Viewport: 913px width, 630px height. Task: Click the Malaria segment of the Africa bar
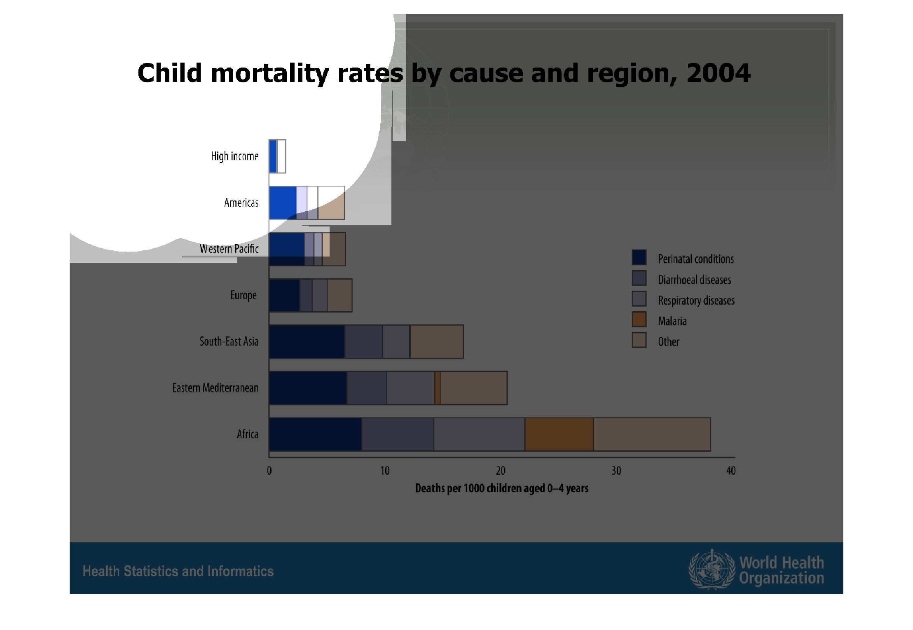pos(559,434)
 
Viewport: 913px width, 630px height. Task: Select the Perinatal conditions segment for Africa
pos(315,434)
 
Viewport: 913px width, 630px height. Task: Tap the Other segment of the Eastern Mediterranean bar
pos(473,388)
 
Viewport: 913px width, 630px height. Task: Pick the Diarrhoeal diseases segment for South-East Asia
pos(363,341)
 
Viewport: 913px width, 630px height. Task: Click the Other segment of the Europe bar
pos(339,295)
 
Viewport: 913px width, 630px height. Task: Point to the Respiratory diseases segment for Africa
pos(479,434)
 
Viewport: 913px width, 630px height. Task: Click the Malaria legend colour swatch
pos(639,320)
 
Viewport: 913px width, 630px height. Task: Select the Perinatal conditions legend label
pos(695,259)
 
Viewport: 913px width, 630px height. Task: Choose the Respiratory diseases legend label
pos(696,301)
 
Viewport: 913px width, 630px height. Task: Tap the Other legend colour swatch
pos(639,340)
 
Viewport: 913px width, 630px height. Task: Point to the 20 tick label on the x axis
pos(500,471)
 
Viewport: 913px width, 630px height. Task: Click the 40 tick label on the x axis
pos(730,471)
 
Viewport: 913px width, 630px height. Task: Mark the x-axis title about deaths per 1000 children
pos(501,488)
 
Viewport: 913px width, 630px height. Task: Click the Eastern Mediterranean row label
pos(215,388)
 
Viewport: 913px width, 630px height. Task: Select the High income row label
pos(234,156)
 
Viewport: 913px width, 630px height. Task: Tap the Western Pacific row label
pos(229,249)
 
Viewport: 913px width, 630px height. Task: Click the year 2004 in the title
pos(718,73)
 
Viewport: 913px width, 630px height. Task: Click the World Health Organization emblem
pos(712,569)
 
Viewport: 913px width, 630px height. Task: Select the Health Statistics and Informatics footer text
pos(178,571)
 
